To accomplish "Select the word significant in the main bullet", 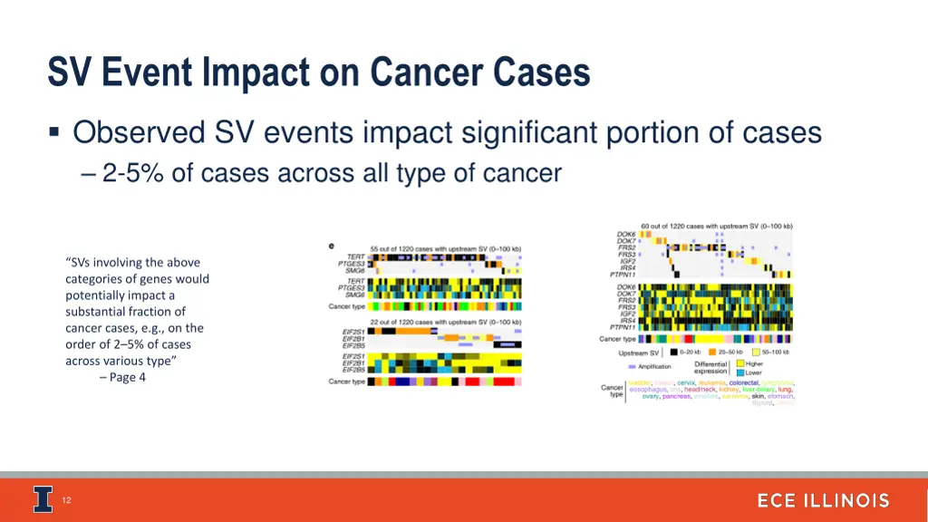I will [512, 133].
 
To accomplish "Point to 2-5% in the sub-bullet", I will [133, 173].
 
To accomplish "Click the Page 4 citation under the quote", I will [127, 378].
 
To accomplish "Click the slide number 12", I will [66, 500].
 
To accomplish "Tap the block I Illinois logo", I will [43, 499].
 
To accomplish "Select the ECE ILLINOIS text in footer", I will [823, 501].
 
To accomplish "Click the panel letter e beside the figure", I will [331, 246].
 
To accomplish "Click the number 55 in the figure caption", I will [376, 248].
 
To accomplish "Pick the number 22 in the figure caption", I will [375, 323].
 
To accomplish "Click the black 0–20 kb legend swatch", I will [674, 352].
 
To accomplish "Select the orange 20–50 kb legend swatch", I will [713, 352].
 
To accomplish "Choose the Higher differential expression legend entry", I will [753, 363].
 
